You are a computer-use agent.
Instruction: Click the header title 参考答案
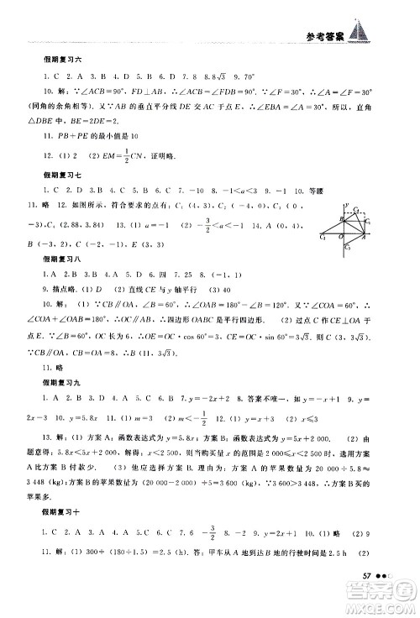click(316, 35)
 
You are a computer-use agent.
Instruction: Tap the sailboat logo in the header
click(360, 32)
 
